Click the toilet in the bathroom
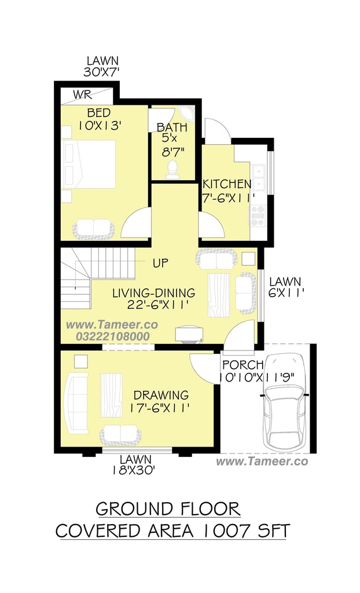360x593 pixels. coord(172,169)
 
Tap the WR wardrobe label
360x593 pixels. coord(82,94)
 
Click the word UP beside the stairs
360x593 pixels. coord(160,263)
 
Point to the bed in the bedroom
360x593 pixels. coord(89,164)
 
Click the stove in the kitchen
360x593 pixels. coord(258,216)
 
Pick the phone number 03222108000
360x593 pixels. coord(113,336)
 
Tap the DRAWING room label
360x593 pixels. coord(161,396)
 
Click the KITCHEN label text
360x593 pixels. coord(226,184)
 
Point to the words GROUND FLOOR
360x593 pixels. coord(168,509)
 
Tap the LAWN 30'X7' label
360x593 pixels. coord(102,67)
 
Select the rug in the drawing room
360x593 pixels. coord(111,395)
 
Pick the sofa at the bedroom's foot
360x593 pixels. coord(93,229)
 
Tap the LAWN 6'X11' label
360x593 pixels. coord(285,287)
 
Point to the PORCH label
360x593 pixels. coord(243,365)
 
